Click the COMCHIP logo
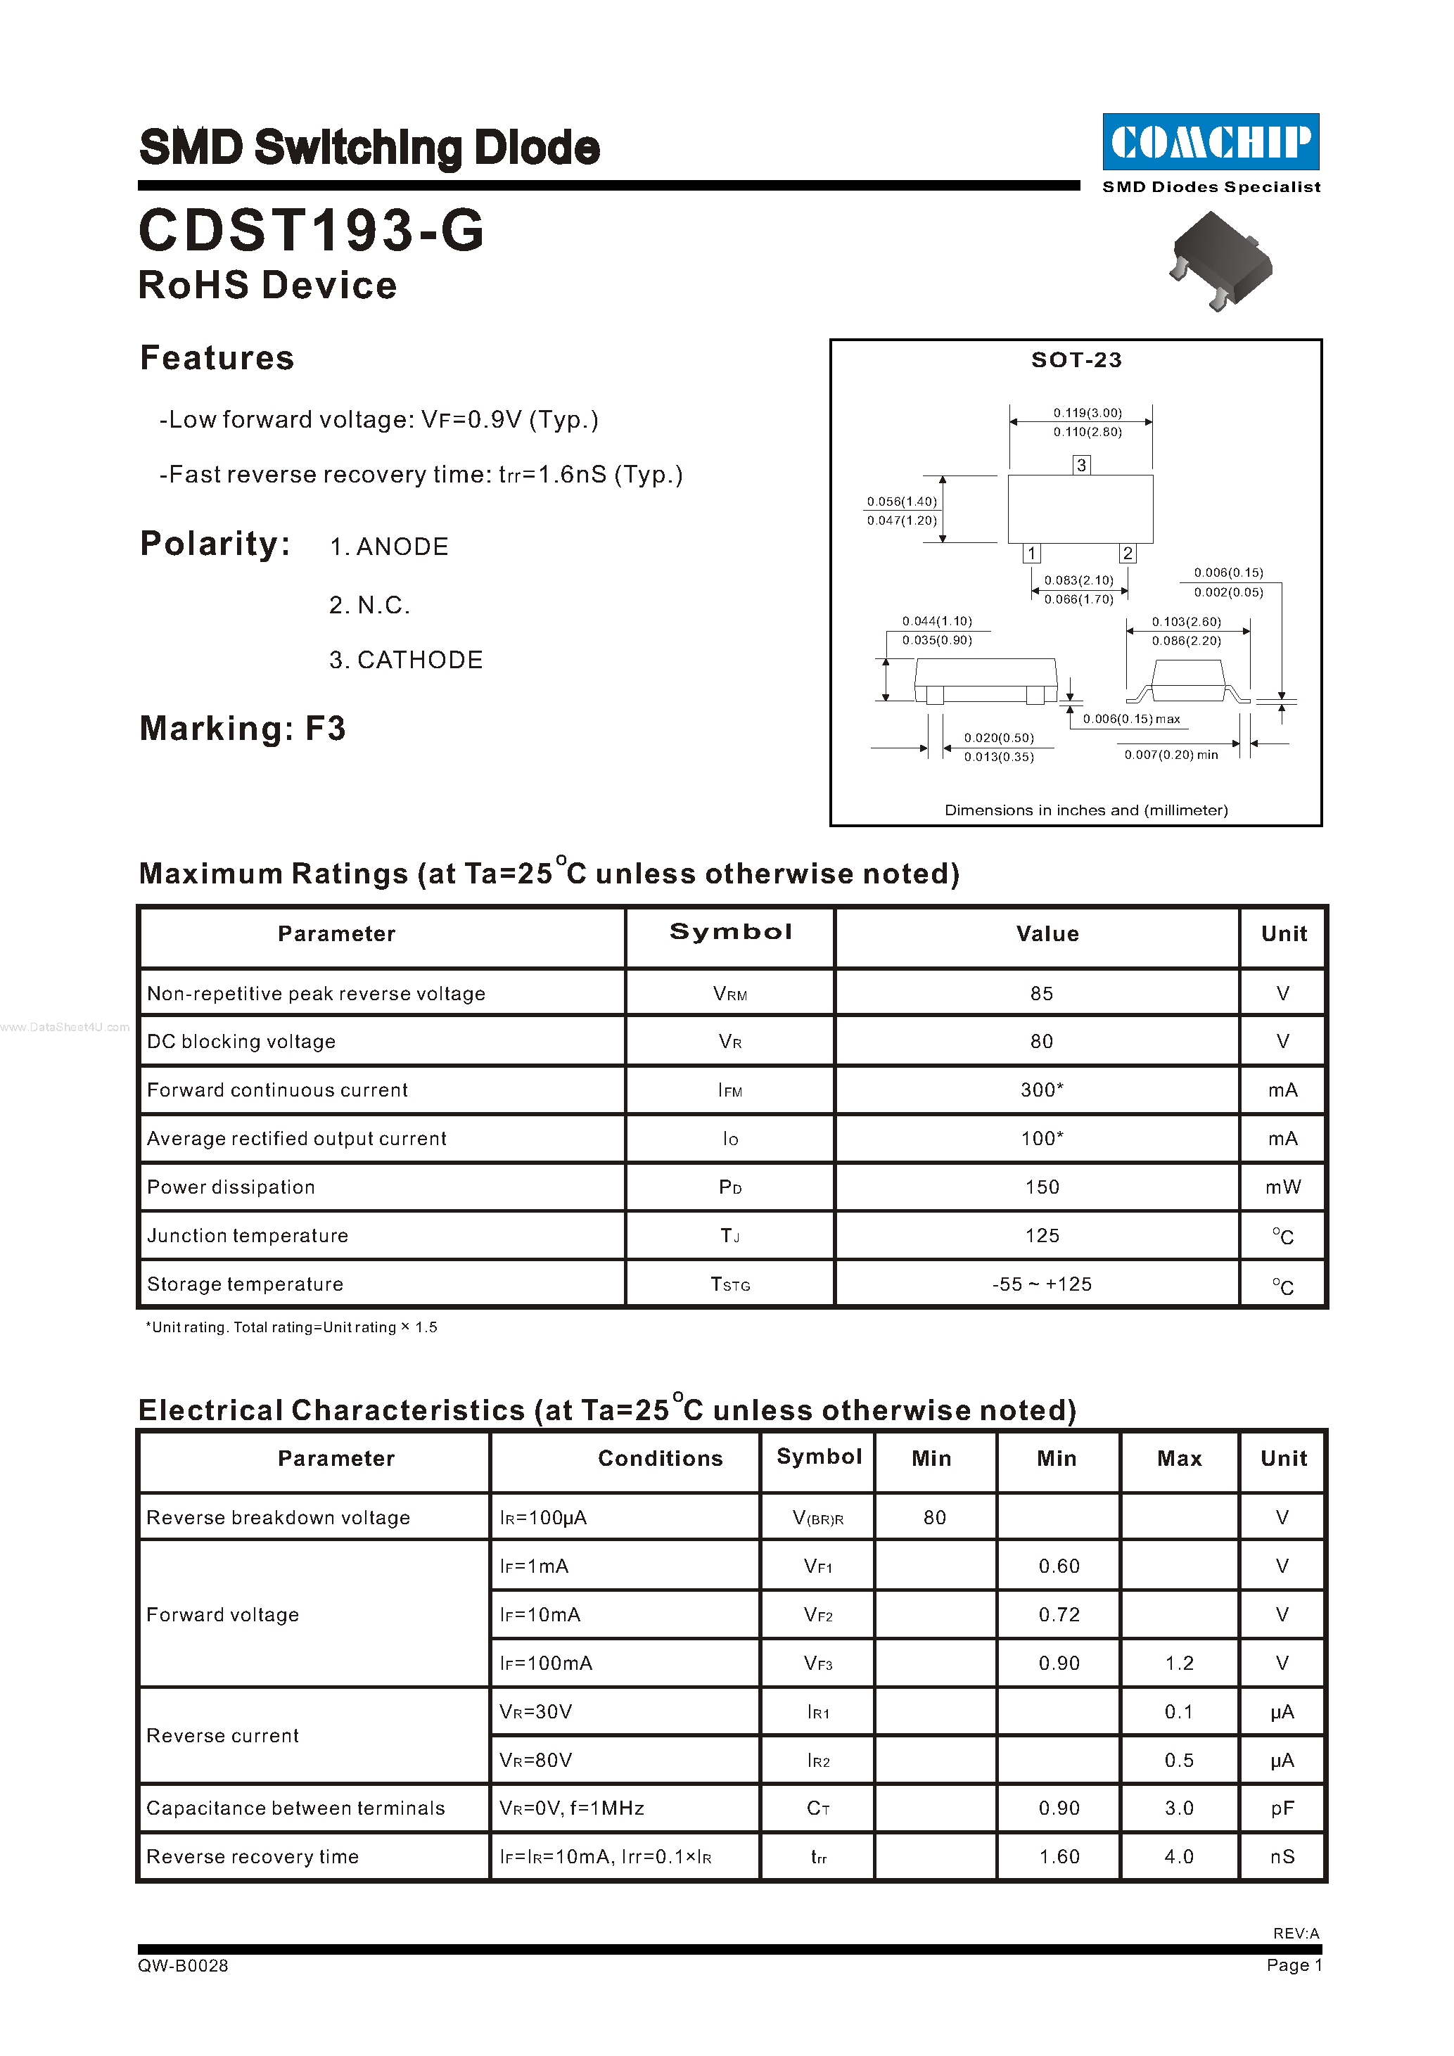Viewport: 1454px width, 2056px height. click(1211, 141)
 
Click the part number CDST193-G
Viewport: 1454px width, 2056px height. click(311, 230)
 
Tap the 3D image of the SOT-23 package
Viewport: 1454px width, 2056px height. click(1220, 260)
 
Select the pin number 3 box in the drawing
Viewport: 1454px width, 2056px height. click(1082, 465)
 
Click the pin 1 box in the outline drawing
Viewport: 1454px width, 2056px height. click(1031, 554)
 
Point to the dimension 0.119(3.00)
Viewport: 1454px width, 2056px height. click(1087, 413)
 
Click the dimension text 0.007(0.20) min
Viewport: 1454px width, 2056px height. click(1171, 755)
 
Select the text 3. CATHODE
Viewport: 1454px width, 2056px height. click(406, 660)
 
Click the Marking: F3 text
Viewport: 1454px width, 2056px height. click(243, 728)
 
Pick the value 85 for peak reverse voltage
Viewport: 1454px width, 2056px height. click(1041, 993)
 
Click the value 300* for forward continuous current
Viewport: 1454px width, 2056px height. click(1041, 1090)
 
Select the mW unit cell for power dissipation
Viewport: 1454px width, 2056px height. click(1282, 1187)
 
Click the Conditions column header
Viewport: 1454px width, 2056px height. click(660, 1458)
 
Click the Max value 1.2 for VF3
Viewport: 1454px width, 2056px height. click(1179, 1663)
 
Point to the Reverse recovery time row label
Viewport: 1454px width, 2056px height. click(253, 1856)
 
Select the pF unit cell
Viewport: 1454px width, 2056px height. click(1282, 1808)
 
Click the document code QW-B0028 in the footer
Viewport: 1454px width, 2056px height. click(184, 1965)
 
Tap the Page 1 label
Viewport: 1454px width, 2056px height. click(1293, 1965)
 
